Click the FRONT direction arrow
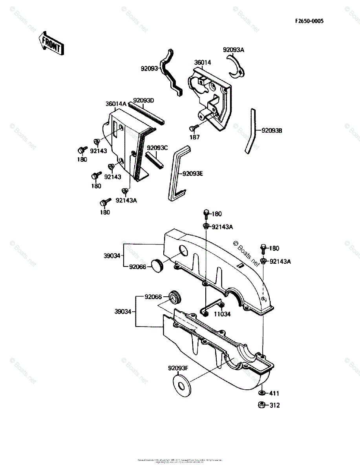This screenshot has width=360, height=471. coord(51,43)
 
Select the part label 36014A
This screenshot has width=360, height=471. coord(116,104)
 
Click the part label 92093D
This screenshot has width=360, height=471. coord(143,100)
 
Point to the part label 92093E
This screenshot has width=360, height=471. coord(192,173)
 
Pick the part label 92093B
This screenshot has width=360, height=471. coord(269,131)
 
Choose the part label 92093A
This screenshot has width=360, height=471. coord(234,50)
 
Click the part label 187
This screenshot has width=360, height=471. coord(195,137)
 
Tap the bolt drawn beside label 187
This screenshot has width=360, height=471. coord(193,128)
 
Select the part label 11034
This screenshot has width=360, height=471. coord(222,314)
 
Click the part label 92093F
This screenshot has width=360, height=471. coord(179,368)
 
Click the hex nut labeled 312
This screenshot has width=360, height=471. coord(261,405)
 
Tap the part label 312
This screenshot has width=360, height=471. coord(274,405)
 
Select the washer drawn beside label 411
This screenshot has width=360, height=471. coord(261,393)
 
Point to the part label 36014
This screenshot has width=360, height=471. coord(203,62)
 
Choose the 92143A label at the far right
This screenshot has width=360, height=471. coord(280,261)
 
